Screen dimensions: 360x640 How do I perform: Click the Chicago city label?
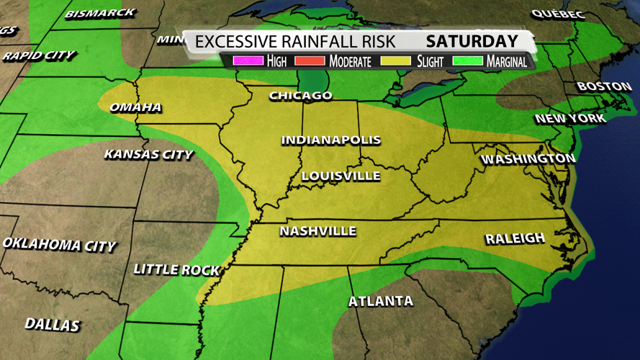pos(301,96)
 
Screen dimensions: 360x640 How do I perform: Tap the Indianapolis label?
pos(330,140)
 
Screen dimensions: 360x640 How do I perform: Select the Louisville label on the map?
pos(341,176)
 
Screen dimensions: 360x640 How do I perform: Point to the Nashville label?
pos(317,231)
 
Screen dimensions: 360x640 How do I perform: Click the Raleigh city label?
pos(515,238)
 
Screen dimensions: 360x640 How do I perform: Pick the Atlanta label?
pos(381,301)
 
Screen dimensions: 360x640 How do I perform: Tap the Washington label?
pos(528,158)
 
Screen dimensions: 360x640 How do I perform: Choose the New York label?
pos(570,118)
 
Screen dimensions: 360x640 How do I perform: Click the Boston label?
pos(604,86)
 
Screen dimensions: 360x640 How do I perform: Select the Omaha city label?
pos(135,108)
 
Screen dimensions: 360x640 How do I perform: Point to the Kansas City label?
pos(148,154)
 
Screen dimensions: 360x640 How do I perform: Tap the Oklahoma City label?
pos(59,245)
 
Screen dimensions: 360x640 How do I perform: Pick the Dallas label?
pos(52,325)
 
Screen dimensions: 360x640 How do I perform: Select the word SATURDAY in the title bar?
pos(472,41)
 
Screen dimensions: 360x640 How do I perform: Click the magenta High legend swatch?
pos(248,61)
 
